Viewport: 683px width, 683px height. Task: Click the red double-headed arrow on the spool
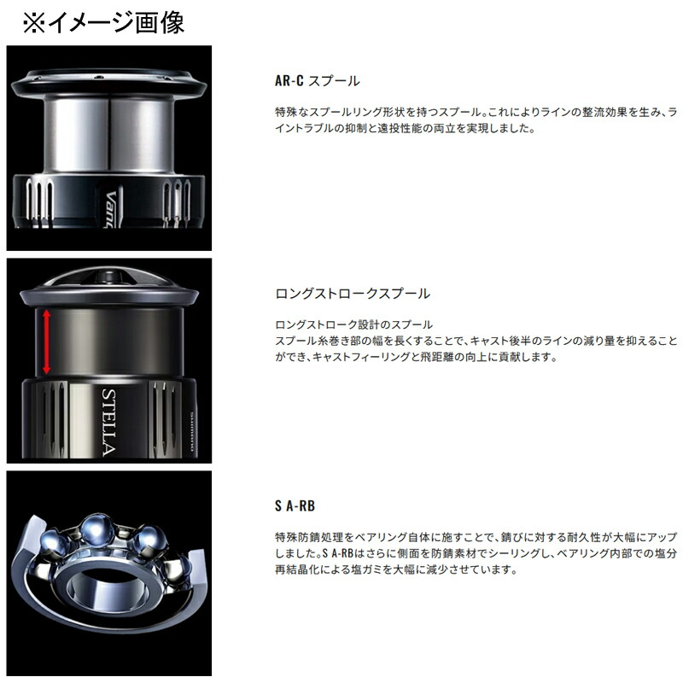pyautogui.click(x=46, y=341)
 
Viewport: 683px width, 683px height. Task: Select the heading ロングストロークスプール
pyautogui.click(x=353, y=294)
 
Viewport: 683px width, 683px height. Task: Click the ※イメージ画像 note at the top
pyautogui.click(x=103, y=21)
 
